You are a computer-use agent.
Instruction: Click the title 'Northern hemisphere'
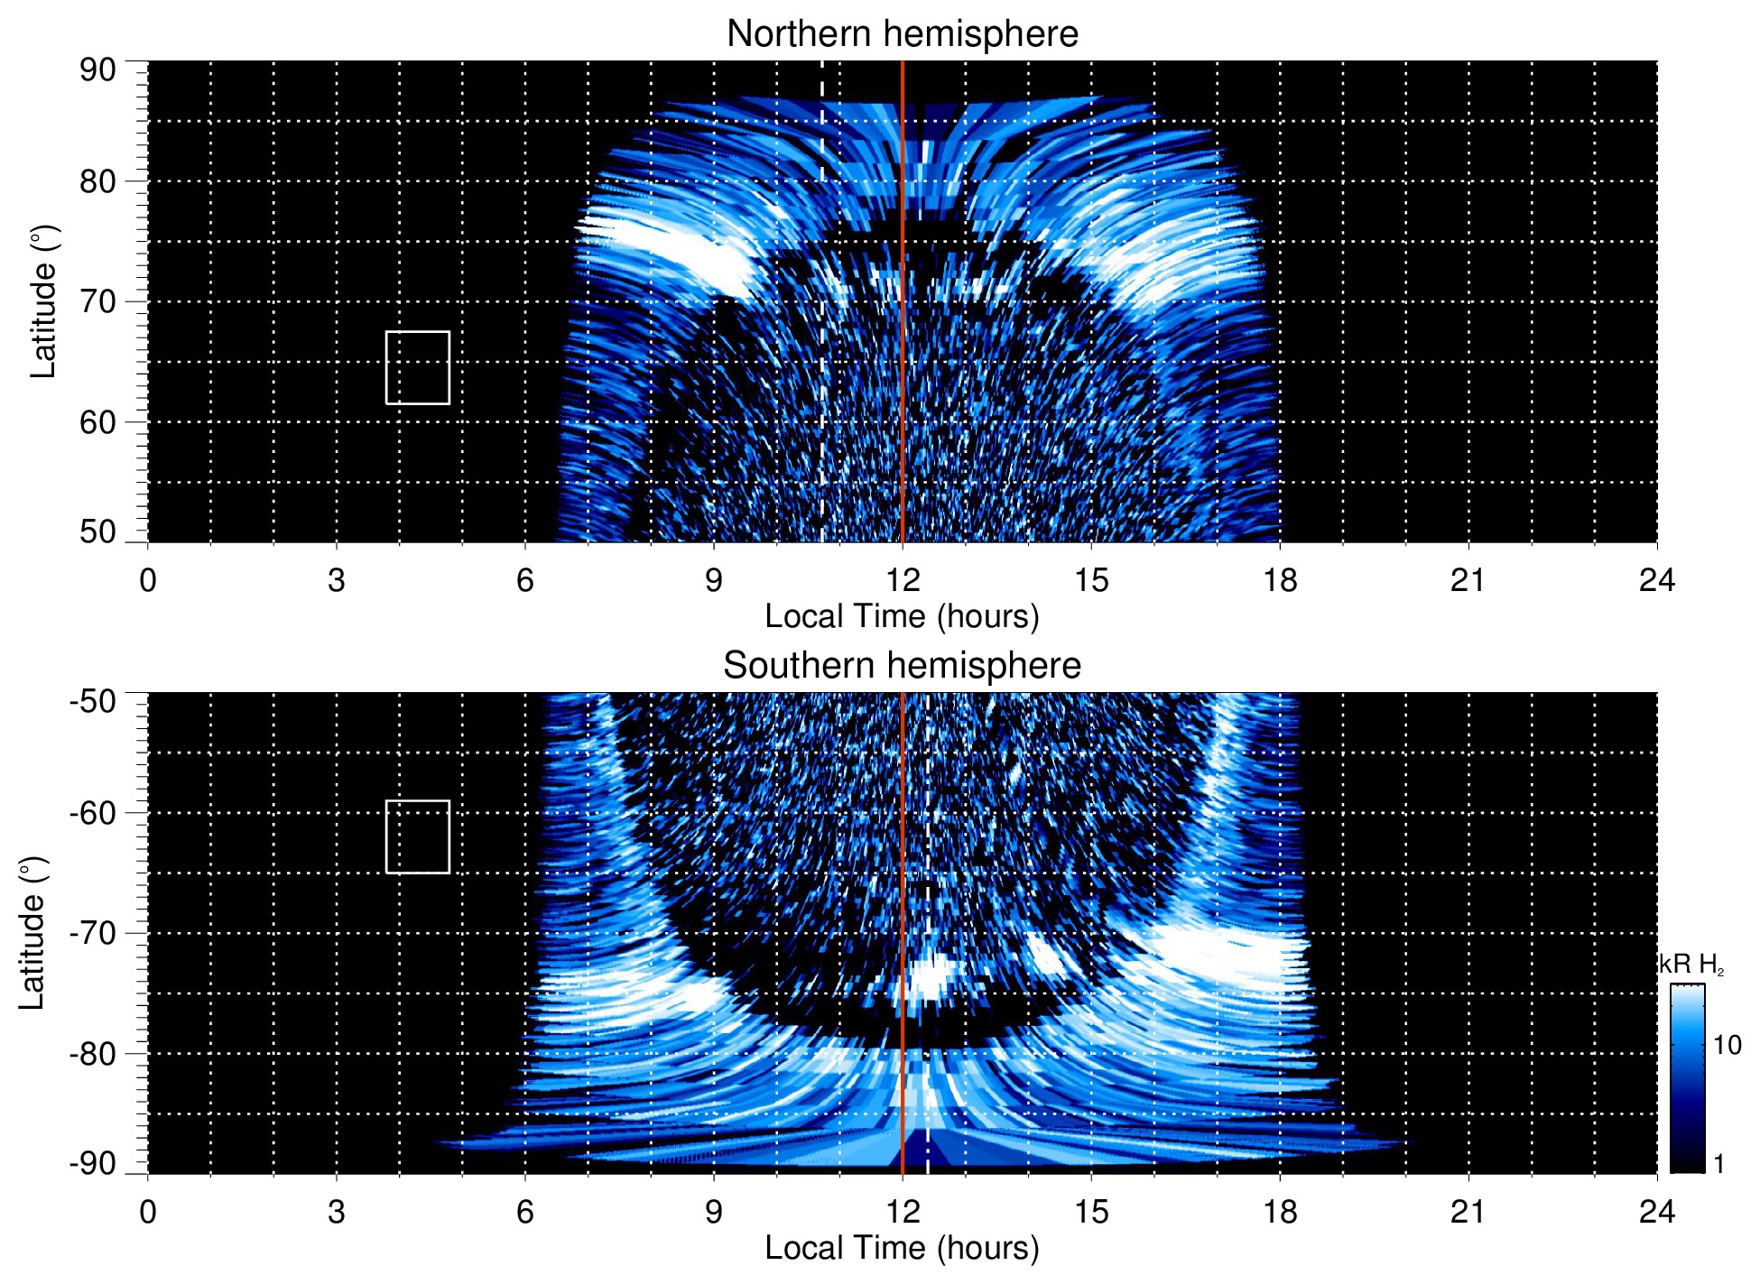902,34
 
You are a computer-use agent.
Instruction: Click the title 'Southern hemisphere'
902,666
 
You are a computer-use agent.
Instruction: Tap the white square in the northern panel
417,367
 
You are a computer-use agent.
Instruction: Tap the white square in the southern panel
417,836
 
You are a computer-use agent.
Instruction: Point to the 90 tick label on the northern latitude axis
97,70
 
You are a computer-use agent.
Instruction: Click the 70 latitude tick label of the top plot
97,301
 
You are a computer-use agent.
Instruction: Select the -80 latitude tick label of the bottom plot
92,1053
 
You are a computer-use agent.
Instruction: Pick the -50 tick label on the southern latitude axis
92,701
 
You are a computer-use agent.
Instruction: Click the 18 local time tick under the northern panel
1279,580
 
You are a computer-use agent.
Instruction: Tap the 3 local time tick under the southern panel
336,1212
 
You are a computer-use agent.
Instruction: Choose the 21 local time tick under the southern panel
1468,1212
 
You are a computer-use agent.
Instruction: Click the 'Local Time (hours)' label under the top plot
902,616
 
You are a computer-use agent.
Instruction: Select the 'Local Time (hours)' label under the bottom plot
902,1248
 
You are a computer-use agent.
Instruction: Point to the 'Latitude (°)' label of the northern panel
43,301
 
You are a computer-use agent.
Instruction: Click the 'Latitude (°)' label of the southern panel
32,933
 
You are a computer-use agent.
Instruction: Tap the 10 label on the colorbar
1727,1045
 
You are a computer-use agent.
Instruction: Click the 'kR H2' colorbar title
1691,965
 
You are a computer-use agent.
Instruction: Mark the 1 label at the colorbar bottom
1718,1164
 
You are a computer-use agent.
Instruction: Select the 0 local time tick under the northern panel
148,580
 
